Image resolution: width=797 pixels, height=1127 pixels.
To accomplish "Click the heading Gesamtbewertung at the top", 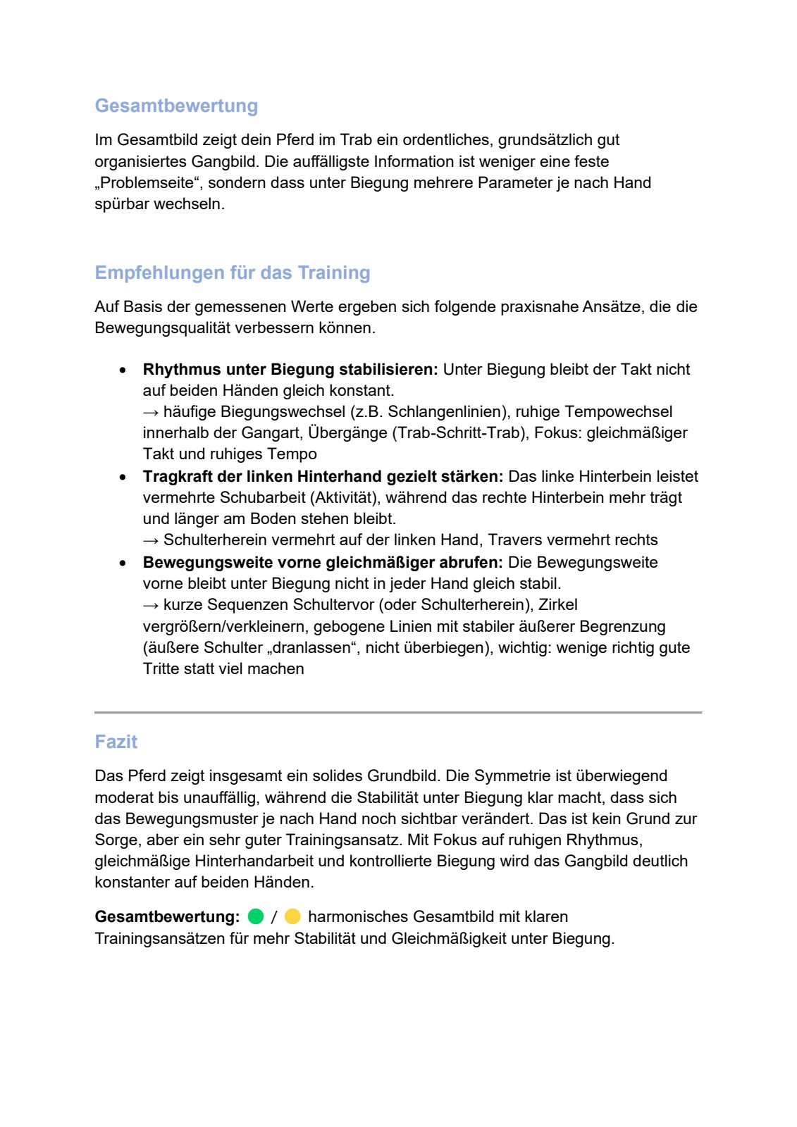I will (176, 106).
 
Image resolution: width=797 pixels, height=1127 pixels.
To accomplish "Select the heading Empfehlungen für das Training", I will (232, 273).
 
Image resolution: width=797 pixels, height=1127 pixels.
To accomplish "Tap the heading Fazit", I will (116, 742).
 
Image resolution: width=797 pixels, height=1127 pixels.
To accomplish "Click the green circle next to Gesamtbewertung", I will (256, 916).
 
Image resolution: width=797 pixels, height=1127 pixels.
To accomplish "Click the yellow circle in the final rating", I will (292, 916).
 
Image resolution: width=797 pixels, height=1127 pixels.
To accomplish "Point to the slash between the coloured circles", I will (274, 917).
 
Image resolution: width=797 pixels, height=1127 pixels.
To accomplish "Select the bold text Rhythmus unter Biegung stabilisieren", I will (290, 369).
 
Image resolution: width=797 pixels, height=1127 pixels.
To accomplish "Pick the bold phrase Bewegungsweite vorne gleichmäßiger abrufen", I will (322, 562).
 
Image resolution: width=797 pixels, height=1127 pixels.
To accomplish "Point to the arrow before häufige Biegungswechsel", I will (151, 412).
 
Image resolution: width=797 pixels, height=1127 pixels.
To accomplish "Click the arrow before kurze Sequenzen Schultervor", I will (151, 605).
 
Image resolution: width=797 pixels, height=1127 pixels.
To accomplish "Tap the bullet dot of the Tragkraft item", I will (123, 477).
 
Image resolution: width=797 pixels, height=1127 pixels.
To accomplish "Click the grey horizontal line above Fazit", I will (398, 712).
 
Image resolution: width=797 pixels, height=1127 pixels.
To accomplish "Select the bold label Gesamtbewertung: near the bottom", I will (167, 916).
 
